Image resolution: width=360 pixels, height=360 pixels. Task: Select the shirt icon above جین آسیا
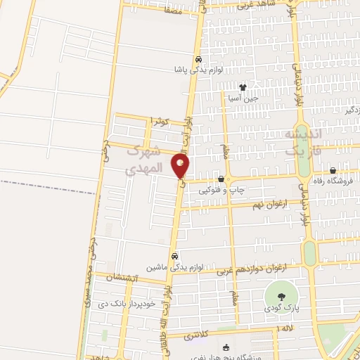point(243,88)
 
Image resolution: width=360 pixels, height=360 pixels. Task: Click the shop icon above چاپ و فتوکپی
point(221,179)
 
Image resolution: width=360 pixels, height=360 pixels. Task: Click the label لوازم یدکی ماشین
point(174,267)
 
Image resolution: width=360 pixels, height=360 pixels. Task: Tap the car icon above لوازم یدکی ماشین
point(174,256)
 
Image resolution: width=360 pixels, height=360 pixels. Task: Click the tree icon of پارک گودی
point(281,295)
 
